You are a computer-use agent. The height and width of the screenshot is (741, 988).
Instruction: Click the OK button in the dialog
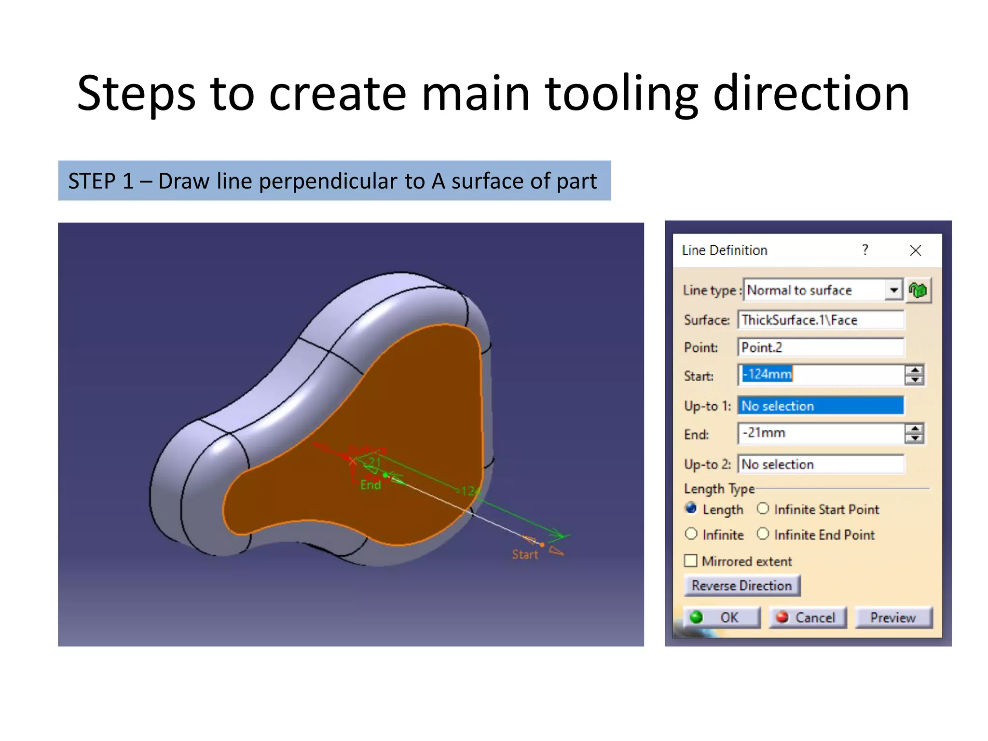pos(722,617)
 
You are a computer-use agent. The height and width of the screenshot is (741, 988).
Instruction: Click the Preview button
pos(893,617)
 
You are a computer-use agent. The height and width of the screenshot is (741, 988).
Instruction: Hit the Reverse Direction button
pos(741,586)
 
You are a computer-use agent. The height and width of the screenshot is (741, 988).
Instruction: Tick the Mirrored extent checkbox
pos(691,561)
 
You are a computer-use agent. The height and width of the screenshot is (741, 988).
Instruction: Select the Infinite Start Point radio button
pos(763,509)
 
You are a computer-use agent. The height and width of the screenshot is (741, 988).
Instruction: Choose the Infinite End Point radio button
pos(763,534)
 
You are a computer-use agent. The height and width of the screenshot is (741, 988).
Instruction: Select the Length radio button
pos(691,509)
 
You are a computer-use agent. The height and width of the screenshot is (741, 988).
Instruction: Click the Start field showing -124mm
pos(820,374)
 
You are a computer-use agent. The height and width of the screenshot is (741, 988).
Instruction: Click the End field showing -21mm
pos(820,433)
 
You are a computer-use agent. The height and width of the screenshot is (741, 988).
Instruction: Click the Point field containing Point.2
pos(820,347)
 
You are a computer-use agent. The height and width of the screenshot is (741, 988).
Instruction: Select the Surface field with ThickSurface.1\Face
pos(820,320)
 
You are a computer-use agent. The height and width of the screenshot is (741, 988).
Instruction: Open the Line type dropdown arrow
pos(894,290)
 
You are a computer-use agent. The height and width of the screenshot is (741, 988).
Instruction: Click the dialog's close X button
pos(915,250)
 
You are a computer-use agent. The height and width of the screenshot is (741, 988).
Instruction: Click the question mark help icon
pos(865,250)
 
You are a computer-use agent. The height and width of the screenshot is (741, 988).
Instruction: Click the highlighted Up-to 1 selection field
pos(820,406)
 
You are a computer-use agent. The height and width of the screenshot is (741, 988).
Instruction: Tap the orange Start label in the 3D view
pos(525,555)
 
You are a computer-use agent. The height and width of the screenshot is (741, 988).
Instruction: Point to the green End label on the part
pos(370,485)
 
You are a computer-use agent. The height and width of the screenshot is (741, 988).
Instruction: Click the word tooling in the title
pos(622,94)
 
